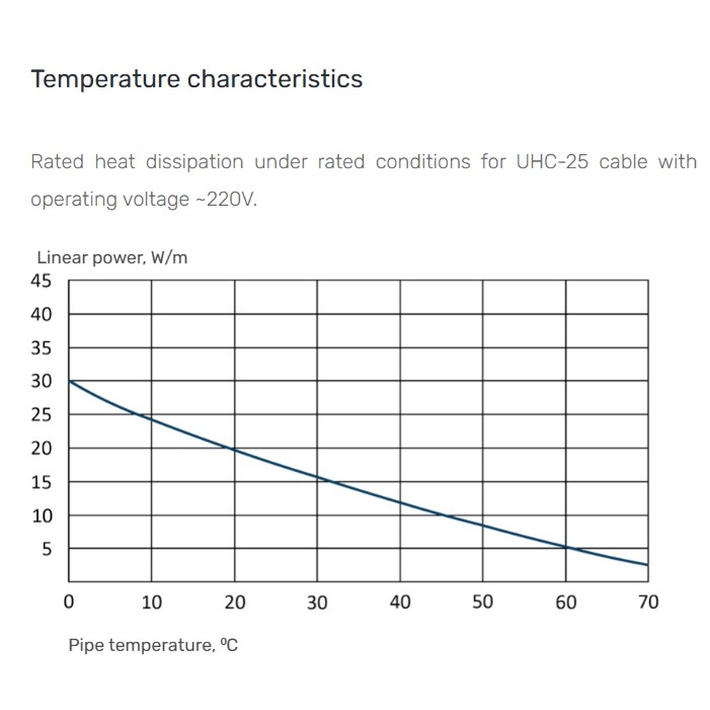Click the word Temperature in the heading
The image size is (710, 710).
[106, 80]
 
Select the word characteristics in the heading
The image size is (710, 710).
[275, 79]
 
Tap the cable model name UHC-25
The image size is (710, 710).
[552, 162]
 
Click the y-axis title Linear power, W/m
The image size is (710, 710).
[112, 258]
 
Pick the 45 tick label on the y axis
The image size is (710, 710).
[41, 280]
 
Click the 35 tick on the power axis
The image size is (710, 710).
[41, 348]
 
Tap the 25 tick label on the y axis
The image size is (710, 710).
[41, 415]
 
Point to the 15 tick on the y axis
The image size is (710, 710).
[41, 482]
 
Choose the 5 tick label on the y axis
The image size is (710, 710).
[47, 550]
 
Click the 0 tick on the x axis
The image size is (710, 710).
[69, 602]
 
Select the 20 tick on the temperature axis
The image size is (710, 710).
[235, 602]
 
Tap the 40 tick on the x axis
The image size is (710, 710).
[400, 602]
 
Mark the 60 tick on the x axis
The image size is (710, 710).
[566, 602]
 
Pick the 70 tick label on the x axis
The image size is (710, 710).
[648, 602]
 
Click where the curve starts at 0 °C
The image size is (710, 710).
[70, 381]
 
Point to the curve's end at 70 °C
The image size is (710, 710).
[648, 565]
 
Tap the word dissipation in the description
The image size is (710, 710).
[195, 162]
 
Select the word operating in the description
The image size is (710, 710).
[71, 200]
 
